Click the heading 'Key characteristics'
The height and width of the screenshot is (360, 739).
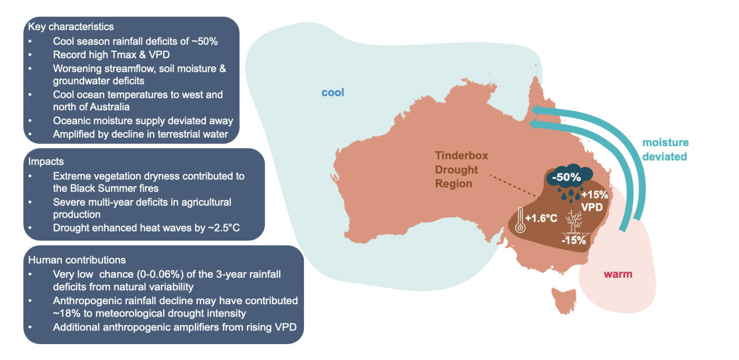coord(71,26)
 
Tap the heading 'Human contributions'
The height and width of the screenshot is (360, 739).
coord(77,260)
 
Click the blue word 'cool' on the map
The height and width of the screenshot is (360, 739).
coord(333,92)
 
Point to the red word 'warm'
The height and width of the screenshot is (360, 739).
coord(618,275)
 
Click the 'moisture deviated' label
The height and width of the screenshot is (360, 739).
coord(665,150)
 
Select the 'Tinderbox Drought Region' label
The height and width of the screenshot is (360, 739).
coord(461,169)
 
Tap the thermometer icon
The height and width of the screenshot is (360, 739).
coord(520,220)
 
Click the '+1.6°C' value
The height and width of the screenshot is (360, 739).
coord(541,218)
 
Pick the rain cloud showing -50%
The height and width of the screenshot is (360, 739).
coord(570,178)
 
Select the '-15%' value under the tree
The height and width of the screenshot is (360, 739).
coord(574,241)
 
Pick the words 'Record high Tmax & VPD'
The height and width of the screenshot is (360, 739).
coord(111,54)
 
